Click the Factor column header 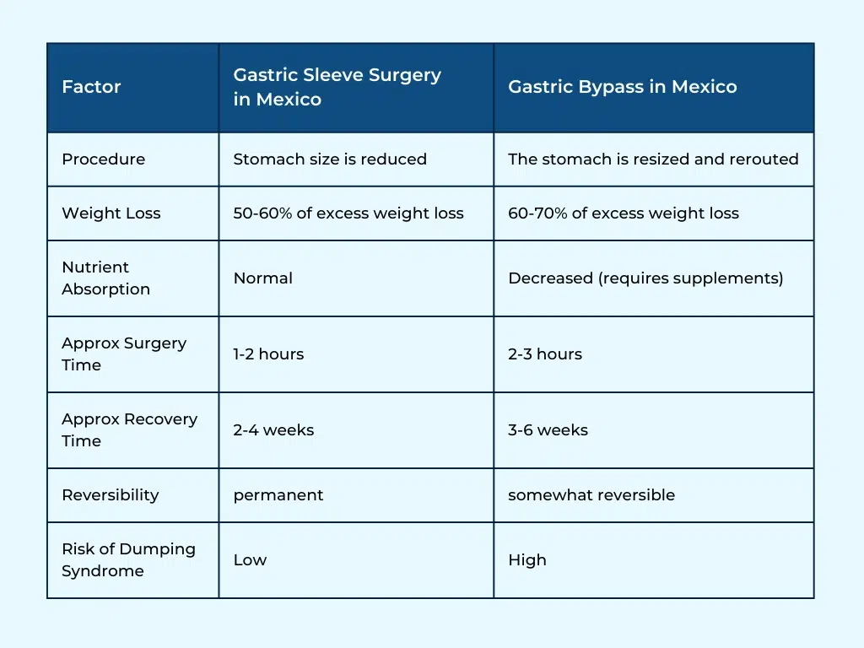91,87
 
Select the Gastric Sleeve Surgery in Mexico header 337,87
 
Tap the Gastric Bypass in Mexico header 622,87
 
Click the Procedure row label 103,159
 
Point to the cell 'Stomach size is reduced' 330,159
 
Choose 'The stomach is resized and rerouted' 652,159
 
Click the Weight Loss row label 111,213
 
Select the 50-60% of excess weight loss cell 348,213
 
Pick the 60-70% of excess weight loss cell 623,213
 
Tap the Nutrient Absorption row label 105,278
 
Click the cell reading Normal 262,278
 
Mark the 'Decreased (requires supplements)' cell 645,278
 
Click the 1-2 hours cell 268,354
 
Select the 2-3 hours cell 544,354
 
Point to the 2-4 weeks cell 273,430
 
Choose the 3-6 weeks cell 548,430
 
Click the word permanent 278,495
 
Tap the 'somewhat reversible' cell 591,495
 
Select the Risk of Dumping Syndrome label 128,559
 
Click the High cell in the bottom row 526,560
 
